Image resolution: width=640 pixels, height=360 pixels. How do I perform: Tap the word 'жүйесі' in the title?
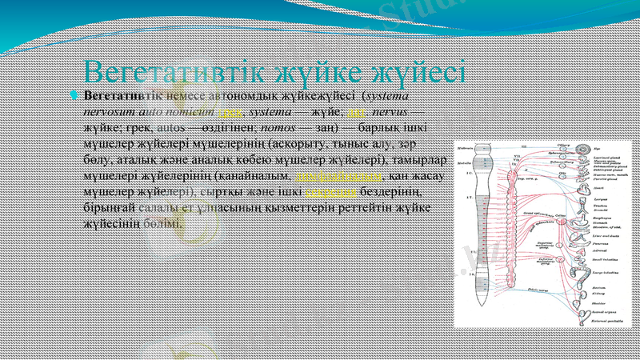point(415,73)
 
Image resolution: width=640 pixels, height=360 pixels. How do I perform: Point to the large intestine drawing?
point(582,271)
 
